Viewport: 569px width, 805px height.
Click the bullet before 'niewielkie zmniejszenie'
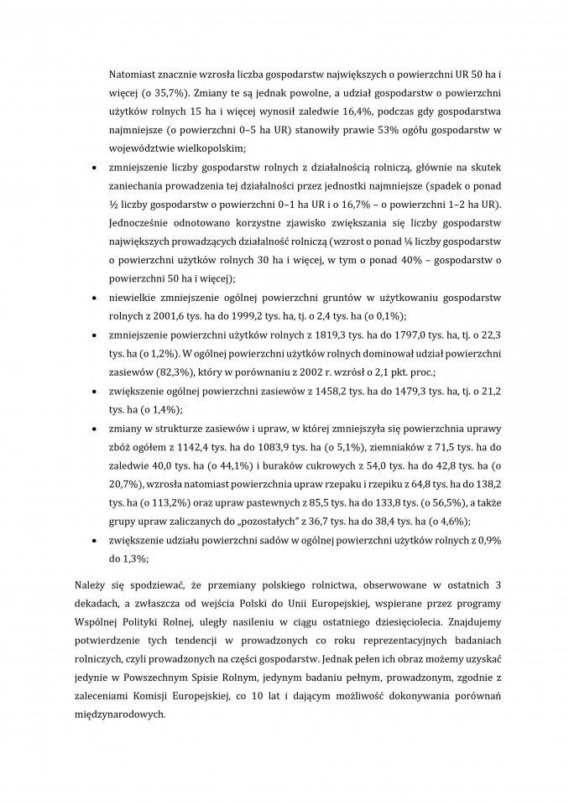click(92, 298)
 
